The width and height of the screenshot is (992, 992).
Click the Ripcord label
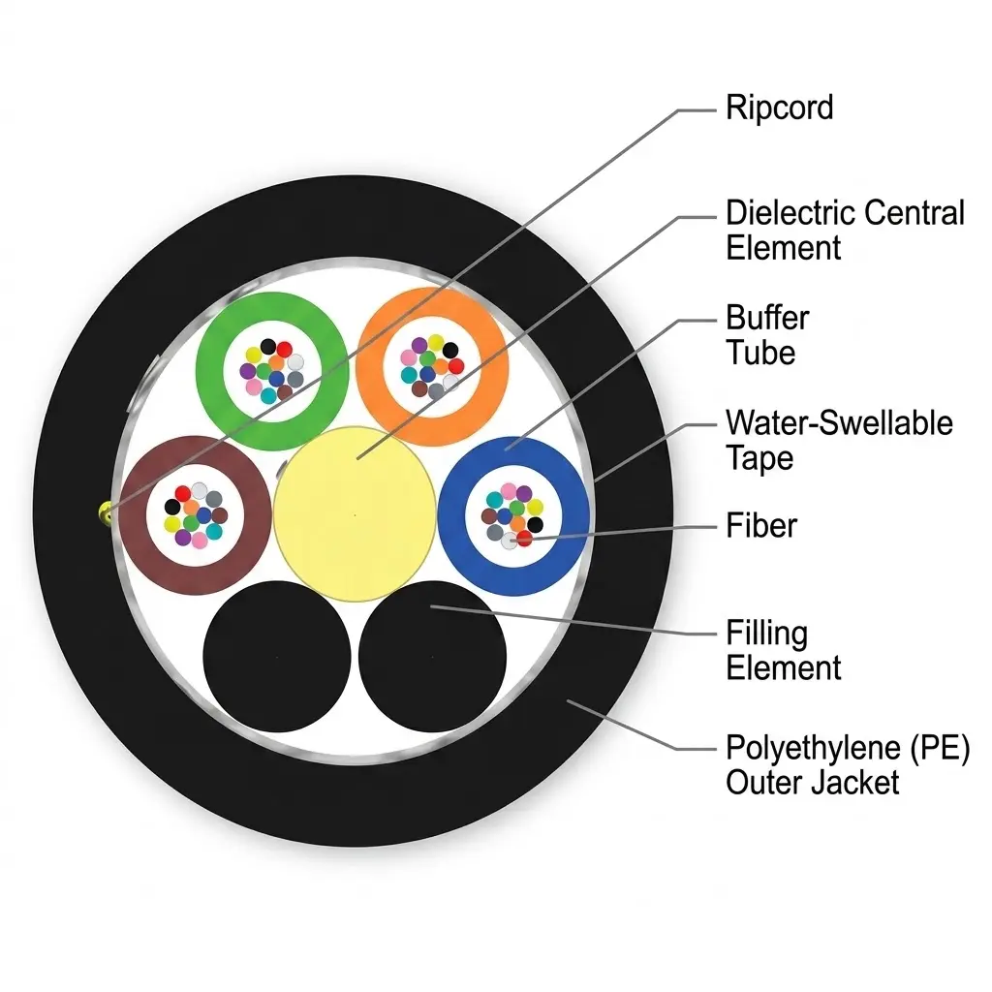779,108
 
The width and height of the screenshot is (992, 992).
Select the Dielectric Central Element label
845,230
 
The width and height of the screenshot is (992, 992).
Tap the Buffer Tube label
767,334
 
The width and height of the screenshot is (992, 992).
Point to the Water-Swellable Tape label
839,441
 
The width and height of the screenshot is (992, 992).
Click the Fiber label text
761,525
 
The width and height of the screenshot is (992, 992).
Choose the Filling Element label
783,650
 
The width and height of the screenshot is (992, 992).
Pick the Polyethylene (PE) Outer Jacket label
848,765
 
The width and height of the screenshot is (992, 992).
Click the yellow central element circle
355,513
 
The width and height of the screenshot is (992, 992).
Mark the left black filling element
276,657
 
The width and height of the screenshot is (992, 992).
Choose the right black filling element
432,657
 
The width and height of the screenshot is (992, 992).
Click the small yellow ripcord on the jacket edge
105,512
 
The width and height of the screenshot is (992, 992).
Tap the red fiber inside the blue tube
524,539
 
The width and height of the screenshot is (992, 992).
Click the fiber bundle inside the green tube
272,371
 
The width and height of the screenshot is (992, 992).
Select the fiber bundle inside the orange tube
432,367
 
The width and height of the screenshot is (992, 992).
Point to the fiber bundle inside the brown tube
196,515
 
